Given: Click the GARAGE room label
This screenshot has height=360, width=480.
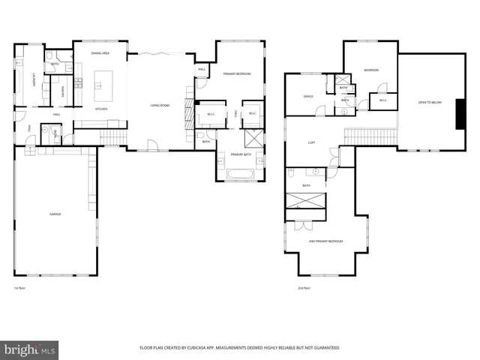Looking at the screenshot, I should click(55, 214).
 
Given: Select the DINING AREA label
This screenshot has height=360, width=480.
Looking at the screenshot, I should click(100, 54).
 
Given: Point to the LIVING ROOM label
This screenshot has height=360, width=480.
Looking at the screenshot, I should click(160, 106).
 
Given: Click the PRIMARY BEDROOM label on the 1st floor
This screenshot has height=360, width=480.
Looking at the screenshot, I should click(236, 73).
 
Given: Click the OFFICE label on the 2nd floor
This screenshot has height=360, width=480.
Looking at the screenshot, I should click(307, 97).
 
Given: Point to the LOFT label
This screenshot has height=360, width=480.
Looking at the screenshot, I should click(310, 142).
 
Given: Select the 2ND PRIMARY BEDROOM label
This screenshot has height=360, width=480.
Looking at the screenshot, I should click(325, 241).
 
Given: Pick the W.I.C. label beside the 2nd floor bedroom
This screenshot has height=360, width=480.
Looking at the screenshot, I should click(382, 100).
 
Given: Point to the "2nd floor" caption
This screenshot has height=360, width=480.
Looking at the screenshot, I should click(303, 288).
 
